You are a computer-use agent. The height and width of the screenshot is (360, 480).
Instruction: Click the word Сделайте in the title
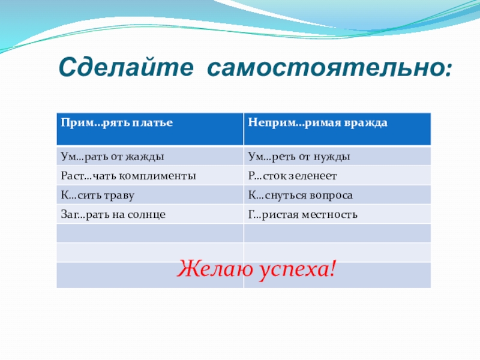126,67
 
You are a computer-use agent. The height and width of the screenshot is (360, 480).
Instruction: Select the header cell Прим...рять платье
150,129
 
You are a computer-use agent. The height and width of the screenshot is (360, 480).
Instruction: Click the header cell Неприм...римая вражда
337,129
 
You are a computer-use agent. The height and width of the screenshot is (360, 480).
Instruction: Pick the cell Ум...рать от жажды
150,157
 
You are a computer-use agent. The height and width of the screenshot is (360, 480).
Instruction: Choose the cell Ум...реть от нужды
337,157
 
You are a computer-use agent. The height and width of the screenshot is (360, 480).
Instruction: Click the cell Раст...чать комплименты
150,176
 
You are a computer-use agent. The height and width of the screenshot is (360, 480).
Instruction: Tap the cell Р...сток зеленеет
337,176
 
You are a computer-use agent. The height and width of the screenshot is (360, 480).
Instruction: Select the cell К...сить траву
150,195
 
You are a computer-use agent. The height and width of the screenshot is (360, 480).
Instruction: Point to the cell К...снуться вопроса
337,195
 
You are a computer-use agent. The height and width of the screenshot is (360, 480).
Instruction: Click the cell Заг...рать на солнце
150,214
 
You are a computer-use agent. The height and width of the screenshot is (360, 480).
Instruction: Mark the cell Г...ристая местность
337,214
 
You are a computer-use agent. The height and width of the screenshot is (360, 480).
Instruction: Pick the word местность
329,215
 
